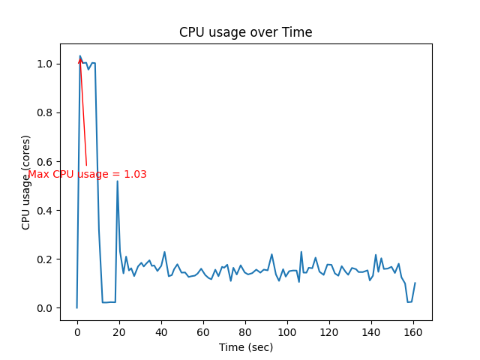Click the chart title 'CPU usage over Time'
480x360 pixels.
245,32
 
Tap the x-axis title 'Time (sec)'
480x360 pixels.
246,347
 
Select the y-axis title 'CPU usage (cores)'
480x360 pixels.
26,182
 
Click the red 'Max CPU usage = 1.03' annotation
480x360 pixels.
87,174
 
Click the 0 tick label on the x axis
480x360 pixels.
76,331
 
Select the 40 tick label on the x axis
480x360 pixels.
160,331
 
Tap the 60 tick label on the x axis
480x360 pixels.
202,331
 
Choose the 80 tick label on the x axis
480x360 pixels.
244,331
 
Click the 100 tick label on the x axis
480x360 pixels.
286,331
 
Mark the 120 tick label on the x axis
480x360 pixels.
328,331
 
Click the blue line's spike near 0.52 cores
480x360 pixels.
117,181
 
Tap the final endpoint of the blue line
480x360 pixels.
415,283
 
